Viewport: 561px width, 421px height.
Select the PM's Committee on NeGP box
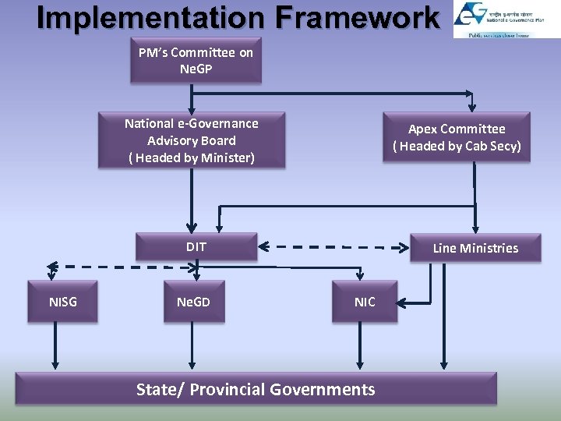pyautogui.click(x=196, y=61)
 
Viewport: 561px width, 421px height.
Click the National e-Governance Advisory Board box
pyautogui.click(x=192, y=140)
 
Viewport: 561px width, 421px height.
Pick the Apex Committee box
pyautogui.click(x=457, y=137)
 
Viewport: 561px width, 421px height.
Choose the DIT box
pyautogui.click(x=196, y=247)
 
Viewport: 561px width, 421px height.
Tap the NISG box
pyautogui.click(x=63, y=302)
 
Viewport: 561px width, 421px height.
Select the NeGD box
pyautogui.click(x=193, y=302)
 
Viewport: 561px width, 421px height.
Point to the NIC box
pyautogui.click(x=365, y=302)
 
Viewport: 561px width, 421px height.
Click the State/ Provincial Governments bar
pyautogui.click(x=256, y=388)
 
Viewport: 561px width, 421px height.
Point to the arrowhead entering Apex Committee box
pyautogui.click(x=472, y=108)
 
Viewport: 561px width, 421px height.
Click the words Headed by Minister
pyautogui.click(x=192, y=157)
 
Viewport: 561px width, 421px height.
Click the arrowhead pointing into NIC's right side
pyautogui.click(x=404, y=302)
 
